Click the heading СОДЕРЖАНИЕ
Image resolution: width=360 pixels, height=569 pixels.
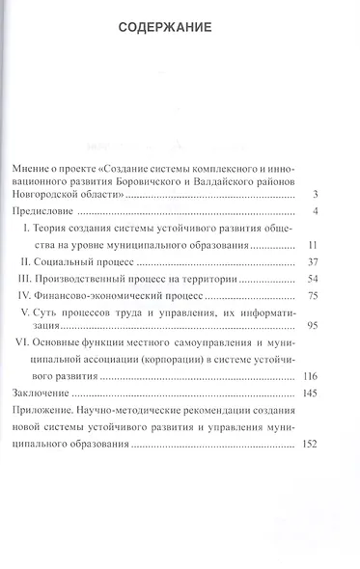coord(180,27)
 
